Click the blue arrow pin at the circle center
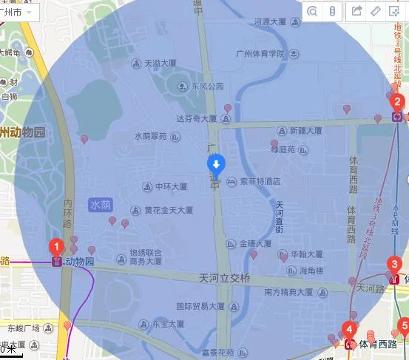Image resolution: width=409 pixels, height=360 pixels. tap(214, 164)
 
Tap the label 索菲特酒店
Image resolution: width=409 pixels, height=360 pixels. tap(260, 180)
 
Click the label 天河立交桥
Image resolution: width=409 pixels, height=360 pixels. tap(226, 278)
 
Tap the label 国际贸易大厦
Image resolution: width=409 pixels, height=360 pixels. tap(200, 305)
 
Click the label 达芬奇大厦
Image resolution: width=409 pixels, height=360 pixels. tap(196, 118)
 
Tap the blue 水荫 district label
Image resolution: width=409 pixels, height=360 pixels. tap(101, 203)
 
